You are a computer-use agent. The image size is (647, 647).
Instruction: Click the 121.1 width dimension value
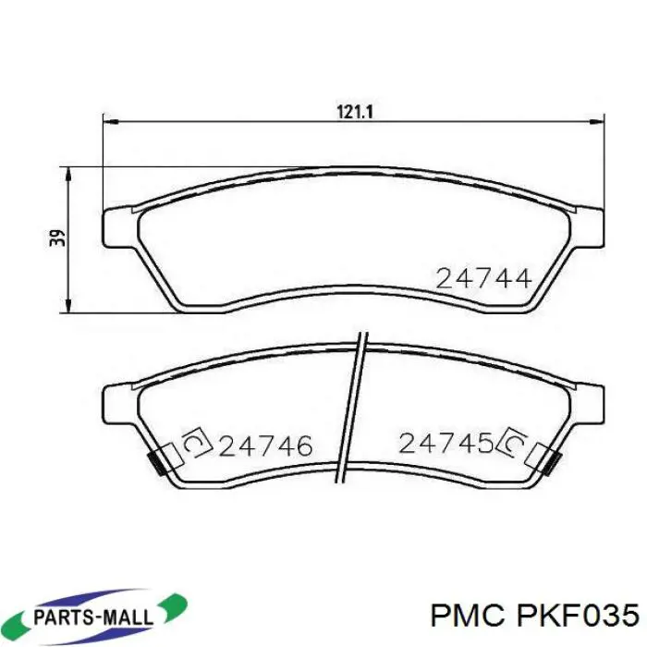coord(355,112)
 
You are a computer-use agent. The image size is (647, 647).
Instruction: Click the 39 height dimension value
coord(58,238)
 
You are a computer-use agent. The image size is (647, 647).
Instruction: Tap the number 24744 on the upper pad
coord(483,278)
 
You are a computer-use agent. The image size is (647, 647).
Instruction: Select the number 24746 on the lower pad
coord(266,446)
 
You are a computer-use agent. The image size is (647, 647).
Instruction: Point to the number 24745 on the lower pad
coord(446,443)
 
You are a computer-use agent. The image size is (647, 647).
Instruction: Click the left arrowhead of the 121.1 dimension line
coord(111,122)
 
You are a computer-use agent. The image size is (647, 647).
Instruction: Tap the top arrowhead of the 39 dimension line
coord(69,175)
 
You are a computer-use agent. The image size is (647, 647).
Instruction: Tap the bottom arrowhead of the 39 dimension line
coord(69,305)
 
